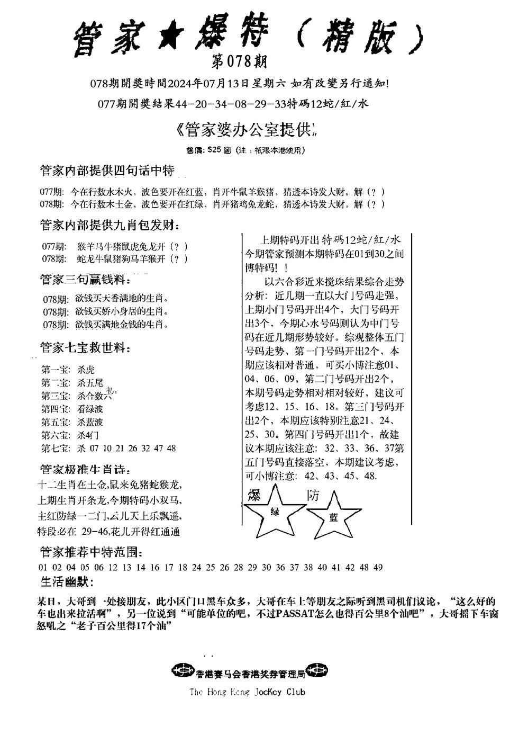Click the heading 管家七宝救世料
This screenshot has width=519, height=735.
click(x=85, y=348)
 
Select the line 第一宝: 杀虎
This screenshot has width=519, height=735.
click(x=68, y=369)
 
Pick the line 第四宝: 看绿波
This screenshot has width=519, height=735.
click(x=72, y=409)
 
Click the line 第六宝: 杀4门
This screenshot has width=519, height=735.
click(x=70, y=435)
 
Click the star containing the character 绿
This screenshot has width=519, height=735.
click(x=275, y=512)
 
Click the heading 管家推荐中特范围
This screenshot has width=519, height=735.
click(x=90, y=552)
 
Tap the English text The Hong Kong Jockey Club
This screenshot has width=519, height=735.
click(x=247, y=692)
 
